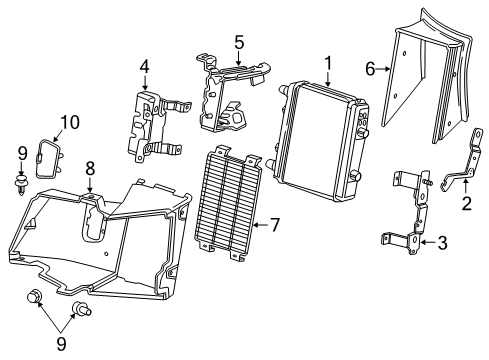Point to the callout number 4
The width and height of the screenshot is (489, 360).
(145, 67)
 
